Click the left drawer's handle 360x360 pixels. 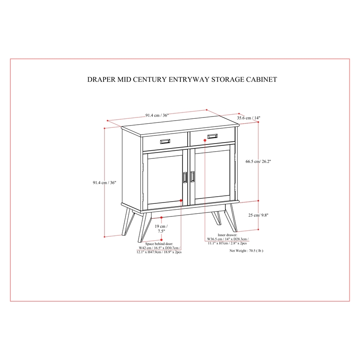(165, 141)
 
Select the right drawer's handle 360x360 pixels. (212, 136)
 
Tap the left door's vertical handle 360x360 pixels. (185, 177)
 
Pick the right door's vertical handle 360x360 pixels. (193, 177)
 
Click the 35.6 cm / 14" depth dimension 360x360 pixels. (248, 118)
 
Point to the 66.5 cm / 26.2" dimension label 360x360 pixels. (258, 161)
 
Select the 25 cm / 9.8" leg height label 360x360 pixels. (258, 215)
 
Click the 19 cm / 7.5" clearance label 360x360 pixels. (161, 229)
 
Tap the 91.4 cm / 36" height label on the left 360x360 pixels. (104, 183)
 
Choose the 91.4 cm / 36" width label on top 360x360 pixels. (157, 115)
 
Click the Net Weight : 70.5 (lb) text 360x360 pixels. (246, 251)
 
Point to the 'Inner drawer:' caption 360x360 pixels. (227, 235)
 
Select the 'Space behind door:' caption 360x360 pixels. (159, 243)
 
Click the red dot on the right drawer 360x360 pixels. (205, 140)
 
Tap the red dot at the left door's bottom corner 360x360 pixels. (181, 200)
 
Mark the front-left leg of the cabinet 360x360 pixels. (142, 226)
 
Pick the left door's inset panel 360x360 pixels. (165, 180)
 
